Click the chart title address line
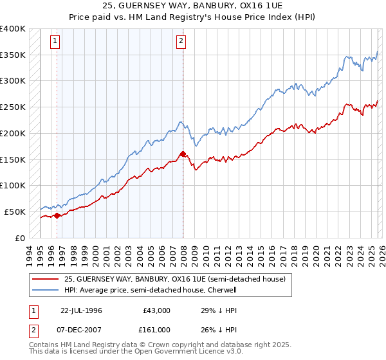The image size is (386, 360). coord(192,6)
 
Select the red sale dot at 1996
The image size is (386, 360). coord(57,215)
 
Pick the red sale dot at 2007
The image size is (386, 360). coord(183,154)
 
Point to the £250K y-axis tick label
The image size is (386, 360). coord(13,107)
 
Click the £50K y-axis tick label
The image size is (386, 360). coord(15,212)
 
